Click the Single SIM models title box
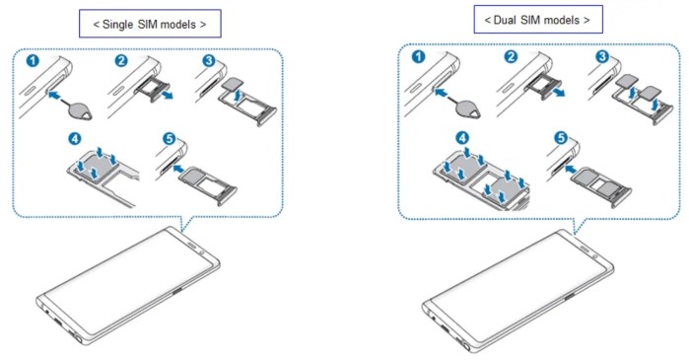click(150, 24)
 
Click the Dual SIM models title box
click(538, 20)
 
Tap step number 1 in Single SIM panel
click(33, 60)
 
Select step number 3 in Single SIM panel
click(209, 60)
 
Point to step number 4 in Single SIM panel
click(75, 139)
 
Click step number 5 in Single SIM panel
click(169, 139)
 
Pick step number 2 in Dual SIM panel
click(511, 56)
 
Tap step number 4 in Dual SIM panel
click(462, 138)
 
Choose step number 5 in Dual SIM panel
click(561, 138)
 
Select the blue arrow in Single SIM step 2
click(167, 94)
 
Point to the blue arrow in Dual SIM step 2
click(558, 92)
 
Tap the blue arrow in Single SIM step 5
click(179, 169)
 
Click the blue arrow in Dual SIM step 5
click(571, 169)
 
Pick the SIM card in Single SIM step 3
click(234, 84)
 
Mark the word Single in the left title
click(117, 25)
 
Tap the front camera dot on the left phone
click(202, 253)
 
